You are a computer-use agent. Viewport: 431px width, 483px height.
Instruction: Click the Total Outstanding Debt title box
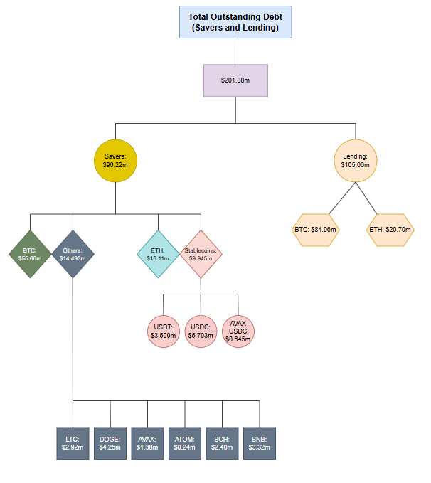234,22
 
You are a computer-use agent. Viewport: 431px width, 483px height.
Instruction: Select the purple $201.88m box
235,81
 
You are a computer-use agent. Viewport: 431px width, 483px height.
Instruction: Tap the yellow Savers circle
115,160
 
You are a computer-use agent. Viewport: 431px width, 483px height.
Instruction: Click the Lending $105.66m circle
355,160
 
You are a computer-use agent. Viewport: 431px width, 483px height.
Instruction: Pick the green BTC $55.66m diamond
30,254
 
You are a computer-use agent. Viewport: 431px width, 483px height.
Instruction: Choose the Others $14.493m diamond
73,254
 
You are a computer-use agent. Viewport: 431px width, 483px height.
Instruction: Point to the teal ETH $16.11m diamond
158,254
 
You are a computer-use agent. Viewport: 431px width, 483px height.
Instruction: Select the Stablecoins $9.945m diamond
201,254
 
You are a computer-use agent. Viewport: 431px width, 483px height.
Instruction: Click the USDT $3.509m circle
164,331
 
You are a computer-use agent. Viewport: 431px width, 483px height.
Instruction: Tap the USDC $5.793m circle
201,331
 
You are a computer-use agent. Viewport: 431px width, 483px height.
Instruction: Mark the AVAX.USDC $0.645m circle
238,331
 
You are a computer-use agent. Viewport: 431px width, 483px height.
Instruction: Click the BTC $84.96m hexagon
316,230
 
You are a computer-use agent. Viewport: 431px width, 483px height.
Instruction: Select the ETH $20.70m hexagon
391,230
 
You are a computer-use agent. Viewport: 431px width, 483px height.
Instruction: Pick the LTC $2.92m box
73,443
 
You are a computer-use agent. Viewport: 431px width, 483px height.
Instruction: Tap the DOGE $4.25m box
110,443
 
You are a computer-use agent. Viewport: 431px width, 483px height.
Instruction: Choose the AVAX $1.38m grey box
148,443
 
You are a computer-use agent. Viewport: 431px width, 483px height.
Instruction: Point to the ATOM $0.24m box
185,443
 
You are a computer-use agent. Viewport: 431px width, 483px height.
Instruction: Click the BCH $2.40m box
223,443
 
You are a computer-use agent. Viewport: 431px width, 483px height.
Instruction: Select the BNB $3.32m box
260,443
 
